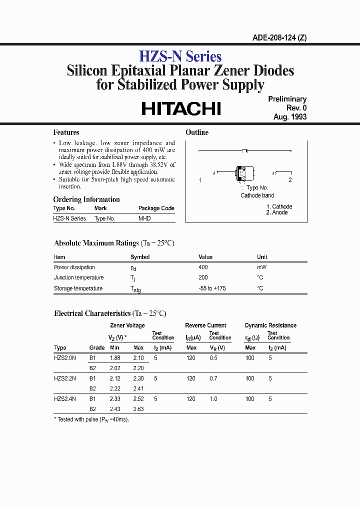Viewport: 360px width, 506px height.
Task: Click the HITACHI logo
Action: click(181, 109)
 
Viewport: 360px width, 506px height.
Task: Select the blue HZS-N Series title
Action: click(180, 57)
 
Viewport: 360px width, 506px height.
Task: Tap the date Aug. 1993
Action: click(289, 117)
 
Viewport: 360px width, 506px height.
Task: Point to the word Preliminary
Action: click(287, 99)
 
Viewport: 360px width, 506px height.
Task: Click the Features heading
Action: click(66, 132)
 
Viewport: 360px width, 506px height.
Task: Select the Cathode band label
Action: click(257, 195)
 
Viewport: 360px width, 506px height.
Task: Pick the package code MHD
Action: click(144, 218)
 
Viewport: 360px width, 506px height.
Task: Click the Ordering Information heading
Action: click(86, 199)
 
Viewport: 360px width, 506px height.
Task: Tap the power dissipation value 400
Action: click(203, 267)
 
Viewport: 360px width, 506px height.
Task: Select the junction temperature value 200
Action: click(203, 278)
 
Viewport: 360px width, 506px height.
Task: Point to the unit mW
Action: click(261, 267)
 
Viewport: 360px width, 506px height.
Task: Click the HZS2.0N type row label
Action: click(65, 358)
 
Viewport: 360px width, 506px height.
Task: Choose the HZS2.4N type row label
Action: click(65, 399)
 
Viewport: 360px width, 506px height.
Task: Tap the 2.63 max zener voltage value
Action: click(138, 409)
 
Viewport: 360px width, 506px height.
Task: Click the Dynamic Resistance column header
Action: click(270, 325)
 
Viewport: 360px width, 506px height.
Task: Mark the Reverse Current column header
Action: click(205, 325)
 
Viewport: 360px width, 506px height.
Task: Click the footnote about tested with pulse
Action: click(91, 419)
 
